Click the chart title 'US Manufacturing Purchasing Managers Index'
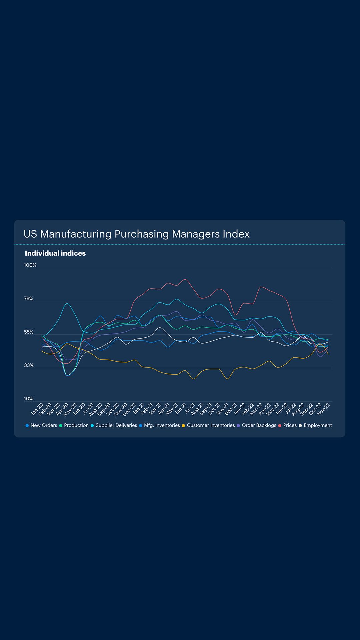point(136,234)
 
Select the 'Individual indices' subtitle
point(55,253)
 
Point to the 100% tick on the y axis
point(30,265)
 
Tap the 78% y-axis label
point(29,299)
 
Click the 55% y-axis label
point(29,332)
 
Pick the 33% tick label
point(29,365)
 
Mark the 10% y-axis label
point(29,399)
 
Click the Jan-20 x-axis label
point(37,409)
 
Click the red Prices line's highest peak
point(185,279)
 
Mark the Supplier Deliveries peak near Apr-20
point(67,303)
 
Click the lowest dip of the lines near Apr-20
point(68,376)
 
